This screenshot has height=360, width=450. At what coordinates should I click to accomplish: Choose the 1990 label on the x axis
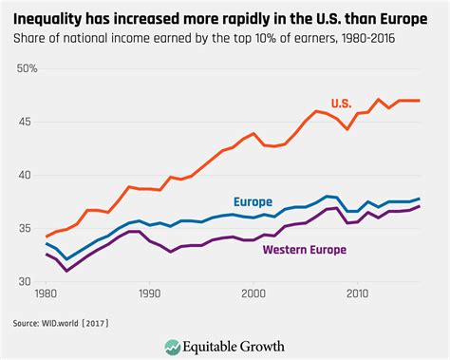(x=148, y=295)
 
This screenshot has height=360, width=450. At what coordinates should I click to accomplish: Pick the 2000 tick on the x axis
(x=252, y=295)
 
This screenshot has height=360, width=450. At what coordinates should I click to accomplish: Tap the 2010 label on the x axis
(x=356, y=295)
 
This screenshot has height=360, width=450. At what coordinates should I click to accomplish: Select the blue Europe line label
(x=252, y=201)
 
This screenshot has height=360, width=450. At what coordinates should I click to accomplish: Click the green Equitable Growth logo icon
(x=174, y=346)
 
